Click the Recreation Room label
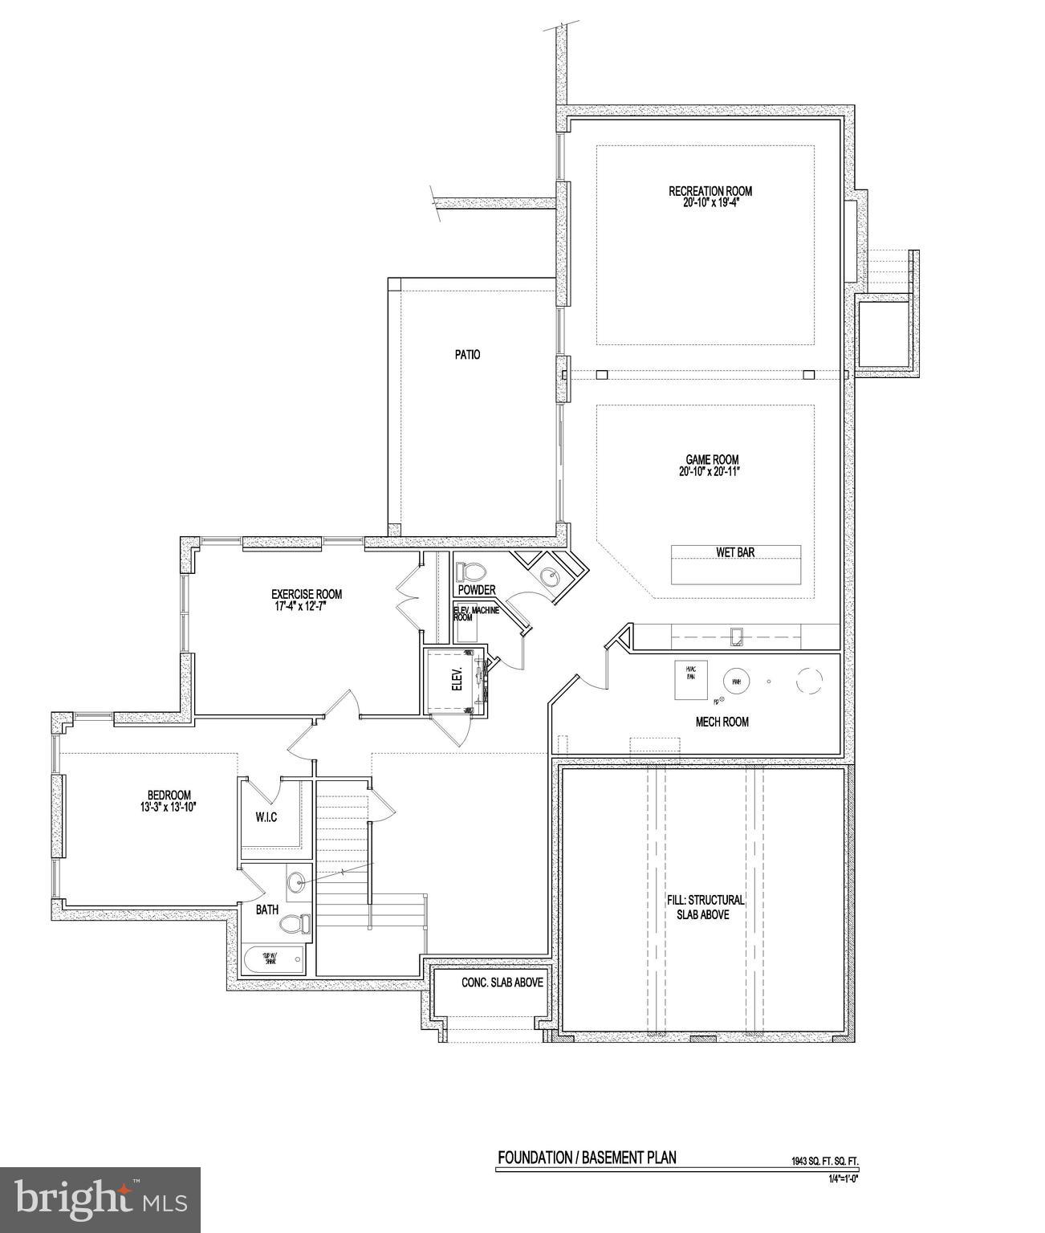coord(710,191)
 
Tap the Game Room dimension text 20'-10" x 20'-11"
coord(708,472)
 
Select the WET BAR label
coord(735,552)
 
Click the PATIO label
coord(467,354)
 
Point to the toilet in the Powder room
coord(471,572)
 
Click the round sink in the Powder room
coord(549,576)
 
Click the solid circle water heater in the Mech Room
coord(735,682)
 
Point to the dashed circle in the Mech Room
coord(809,681)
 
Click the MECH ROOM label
coord(722,722)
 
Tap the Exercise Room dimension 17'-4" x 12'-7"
coord(307,605)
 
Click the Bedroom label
coord(169,796)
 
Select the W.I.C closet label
coord(266,817)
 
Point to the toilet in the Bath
coord(295,924)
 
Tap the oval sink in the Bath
coord(297,881)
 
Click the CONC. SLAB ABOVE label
coord(502,983)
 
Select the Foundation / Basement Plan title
coord(587,1158)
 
